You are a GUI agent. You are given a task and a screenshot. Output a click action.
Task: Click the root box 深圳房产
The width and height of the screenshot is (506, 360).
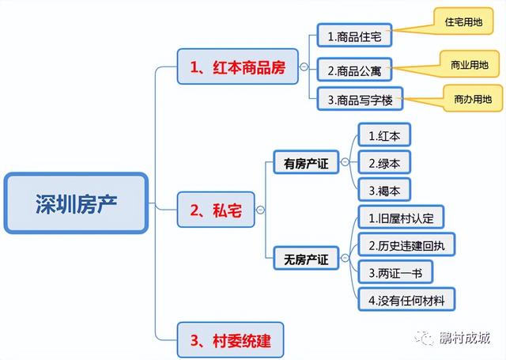click(76, 203)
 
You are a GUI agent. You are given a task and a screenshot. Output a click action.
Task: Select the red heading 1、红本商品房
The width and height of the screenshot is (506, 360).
click(237, 66)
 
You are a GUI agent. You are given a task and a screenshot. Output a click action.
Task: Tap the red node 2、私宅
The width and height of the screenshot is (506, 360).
click(216, 210)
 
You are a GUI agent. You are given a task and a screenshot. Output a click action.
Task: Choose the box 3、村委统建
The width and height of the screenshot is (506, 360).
click(230, 340)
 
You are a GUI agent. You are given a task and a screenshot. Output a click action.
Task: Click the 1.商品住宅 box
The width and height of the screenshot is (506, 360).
click(354, 35)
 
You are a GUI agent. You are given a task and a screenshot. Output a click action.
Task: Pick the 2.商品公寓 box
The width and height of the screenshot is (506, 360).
click(354, 70)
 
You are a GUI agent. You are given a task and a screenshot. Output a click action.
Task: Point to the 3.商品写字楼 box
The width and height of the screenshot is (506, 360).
click(360, 99)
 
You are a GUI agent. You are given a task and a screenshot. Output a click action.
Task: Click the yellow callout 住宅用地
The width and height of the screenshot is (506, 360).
click(463, 21)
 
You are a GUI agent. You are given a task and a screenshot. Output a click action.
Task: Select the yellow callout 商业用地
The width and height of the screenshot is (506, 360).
click(470, 64)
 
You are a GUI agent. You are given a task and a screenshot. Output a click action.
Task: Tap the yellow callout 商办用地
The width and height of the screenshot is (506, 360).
click(473, 98)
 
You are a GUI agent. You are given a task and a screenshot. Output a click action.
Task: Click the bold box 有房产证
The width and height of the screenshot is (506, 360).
click(306, 162)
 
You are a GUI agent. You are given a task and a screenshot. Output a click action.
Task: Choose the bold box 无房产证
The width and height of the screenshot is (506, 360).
click(306, 258)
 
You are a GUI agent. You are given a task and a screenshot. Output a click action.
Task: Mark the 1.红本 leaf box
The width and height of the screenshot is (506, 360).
click(384, 135)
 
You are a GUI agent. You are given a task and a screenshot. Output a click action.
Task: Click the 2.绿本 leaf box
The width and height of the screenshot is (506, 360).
click(384, 162)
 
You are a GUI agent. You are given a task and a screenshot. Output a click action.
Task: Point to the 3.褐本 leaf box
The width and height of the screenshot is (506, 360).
click(384, 190)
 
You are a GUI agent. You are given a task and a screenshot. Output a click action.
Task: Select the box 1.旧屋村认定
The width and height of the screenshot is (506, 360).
click(401, 218)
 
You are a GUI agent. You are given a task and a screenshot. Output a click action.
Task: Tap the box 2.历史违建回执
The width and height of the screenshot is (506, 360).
click(406, 244)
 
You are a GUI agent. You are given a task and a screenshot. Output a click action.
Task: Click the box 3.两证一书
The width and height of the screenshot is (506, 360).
click(395, 272)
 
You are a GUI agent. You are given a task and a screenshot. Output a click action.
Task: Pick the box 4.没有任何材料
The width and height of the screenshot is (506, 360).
click(406, 300)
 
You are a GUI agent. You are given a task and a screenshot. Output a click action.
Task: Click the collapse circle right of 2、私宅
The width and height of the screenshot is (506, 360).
click(260, 210)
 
